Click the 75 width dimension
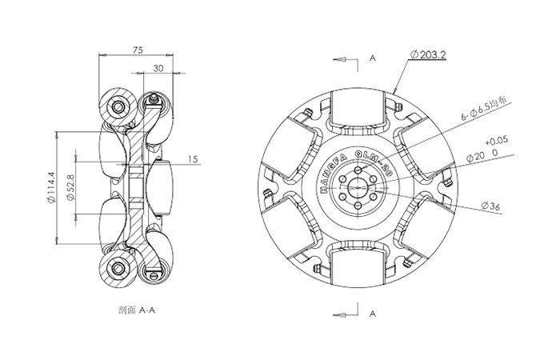138,50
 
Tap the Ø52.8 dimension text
71,188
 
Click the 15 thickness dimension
192,159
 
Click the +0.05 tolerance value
496,138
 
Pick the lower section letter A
373,315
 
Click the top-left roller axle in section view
119,106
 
